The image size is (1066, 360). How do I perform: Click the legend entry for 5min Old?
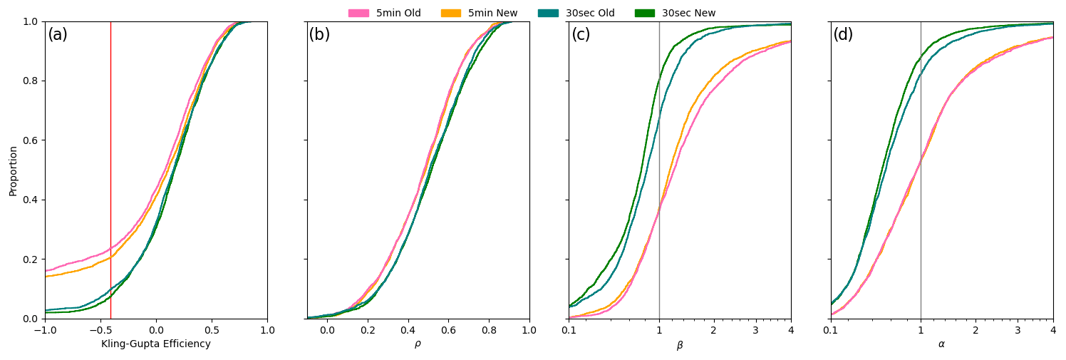click(385, 13)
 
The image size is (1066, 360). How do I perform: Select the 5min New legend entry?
click(479, 13)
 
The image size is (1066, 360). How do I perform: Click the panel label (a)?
click(58, 35)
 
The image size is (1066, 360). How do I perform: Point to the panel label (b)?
click(319, 35)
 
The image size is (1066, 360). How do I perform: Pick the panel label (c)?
click(581, 35)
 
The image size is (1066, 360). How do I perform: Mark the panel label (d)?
click(843, 35)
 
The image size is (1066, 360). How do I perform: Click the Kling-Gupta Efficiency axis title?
click(156, 344)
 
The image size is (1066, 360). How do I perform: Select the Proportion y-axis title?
click(14, 170)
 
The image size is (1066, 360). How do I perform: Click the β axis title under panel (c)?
click(680, 346)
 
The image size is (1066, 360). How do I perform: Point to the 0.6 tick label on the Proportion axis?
click(30, 140)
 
